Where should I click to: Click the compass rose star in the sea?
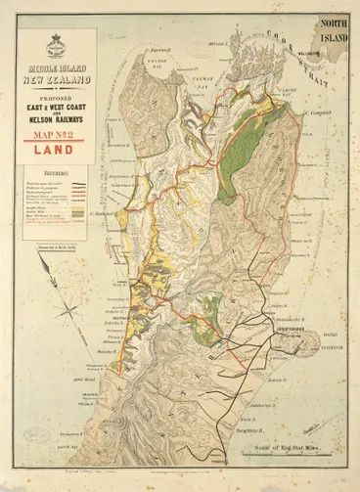point(69,310)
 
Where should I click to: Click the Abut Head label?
point(91,374)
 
